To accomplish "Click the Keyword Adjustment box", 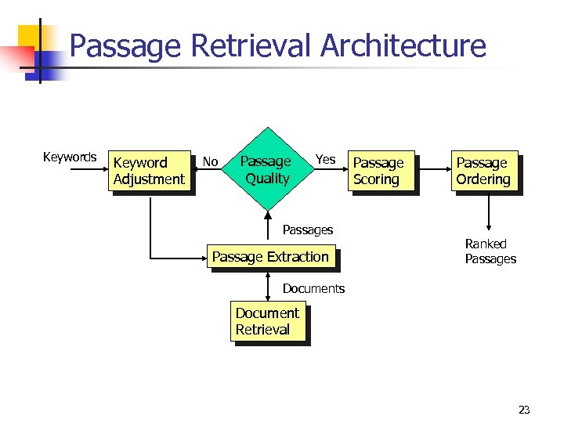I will pos(150,171).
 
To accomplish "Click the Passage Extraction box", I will pos(270,257).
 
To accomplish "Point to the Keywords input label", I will pos(70,157).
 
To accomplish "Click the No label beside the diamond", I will pos(210,162).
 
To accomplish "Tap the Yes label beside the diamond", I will pos(325,160).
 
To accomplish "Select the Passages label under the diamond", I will pos(308,230).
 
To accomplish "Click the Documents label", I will pos(313,288).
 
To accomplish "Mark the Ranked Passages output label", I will pos(490,251).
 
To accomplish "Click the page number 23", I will pos(524,410).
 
